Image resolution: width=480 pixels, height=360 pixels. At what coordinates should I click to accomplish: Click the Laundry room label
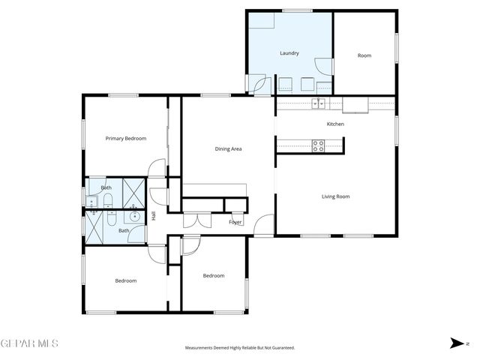click(289, 53)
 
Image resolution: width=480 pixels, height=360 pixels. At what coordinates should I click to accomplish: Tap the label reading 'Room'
click(364, 55)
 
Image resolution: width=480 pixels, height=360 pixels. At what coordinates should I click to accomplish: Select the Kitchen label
click(335, 124)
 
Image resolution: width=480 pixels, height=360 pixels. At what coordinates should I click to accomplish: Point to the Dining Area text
click(228, 148)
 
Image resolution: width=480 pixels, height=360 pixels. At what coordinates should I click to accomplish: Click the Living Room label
click(336, 196)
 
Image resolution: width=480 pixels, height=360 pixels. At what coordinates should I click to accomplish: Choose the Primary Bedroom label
click(125, 138)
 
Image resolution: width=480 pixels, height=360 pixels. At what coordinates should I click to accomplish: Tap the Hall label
click(154, 216)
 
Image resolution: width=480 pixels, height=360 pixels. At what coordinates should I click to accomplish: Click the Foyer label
click(235, 222)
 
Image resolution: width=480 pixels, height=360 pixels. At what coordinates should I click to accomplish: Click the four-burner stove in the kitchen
click(318, 145)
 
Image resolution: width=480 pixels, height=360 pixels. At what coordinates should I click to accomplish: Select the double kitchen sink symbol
click(318, 103)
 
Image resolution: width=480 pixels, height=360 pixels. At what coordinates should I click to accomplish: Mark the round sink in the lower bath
click(135, 217)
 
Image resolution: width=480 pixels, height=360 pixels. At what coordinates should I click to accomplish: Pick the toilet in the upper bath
click(107, 199)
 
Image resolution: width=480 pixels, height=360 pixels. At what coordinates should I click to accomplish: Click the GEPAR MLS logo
click(29, 343)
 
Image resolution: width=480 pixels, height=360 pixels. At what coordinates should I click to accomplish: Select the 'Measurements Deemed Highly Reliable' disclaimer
click(240, 348)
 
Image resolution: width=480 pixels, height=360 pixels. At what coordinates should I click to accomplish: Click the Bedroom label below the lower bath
click(125, 280)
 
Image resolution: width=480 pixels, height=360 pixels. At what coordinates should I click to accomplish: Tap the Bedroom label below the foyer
click(214, 275)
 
